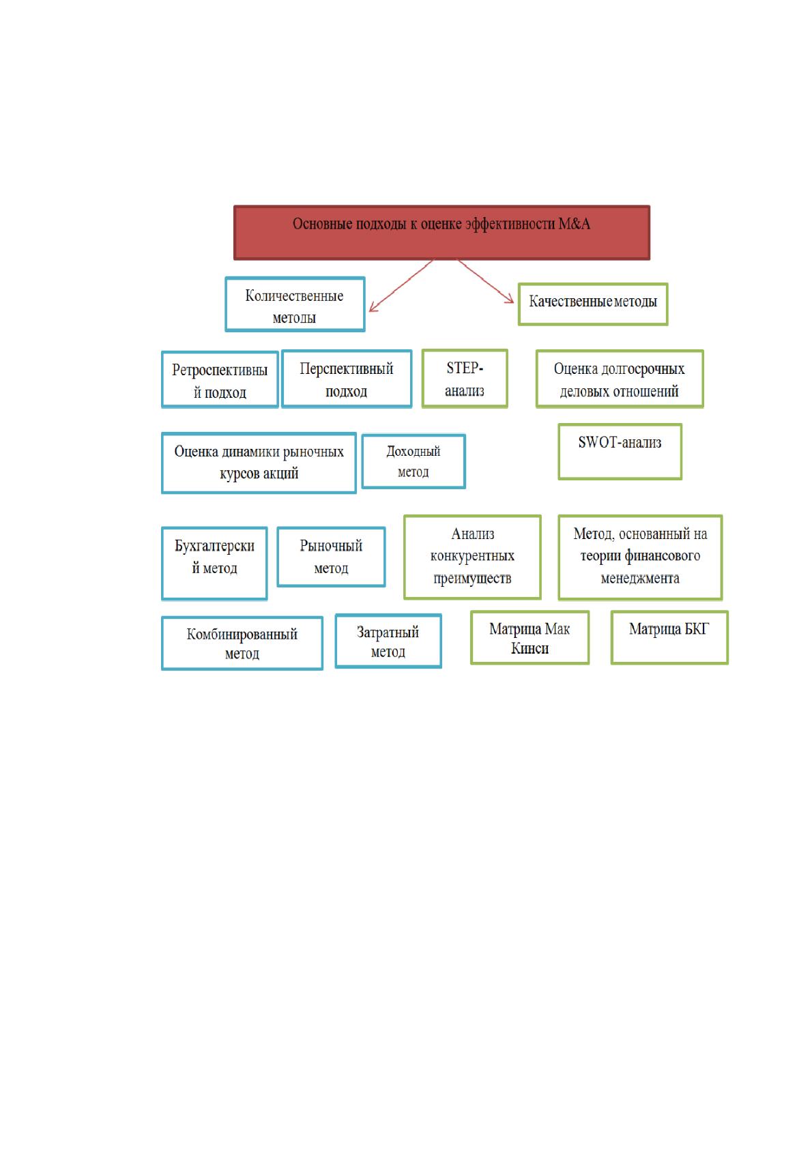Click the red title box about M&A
click(441, 233)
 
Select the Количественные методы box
click(295, 304)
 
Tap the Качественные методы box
click(593, 304)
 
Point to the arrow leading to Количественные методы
click(401, 286)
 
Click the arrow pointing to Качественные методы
click(485, 281)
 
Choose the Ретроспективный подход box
click(220, 379)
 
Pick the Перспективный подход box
click(347, 379)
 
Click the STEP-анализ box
click(465, 379)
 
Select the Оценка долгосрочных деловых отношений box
click(620, 379)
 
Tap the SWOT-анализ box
click(620, 452)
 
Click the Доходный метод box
click(414, 461)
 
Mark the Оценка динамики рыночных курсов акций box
click(259, 463)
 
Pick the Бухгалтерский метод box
click(214, 563)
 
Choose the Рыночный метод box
click(332, 557)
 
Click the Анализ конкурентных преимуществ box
click(472, 557)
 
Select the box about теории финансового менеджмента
click(640, 557)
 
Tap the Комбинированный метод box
click(242, 643)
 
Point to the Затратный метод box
click(388, 641)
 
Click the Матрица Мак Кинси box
click(530, 637)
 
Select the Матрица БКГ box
click(669, 637)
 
